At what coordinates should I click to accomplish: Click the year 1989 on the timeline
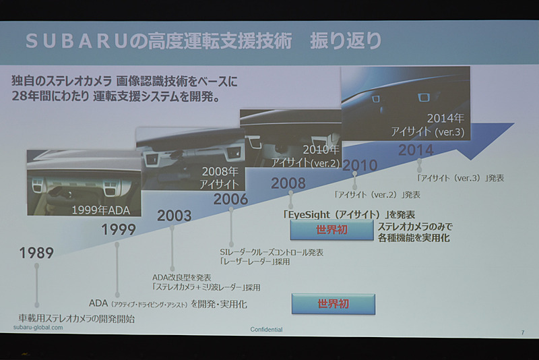click(x=36, y=253)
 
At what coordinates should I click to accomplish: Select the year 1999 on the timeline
click(x=119, y=230)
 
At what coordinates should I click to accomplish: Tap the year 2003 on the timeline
click(x=174, y=216)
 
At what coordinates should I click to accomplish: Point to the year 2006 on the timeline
click(x=230, y=199)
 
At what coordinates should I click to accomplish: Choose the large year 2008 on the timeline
click(x=288, y=183)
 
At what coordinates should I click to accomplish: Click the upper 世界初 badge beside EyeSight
click(x=332, y=231)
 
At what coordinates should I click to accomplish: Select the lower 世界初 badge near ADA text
click(x=333, y=304)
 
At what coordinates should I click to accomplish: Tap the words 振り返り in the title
click(x=346, y=40)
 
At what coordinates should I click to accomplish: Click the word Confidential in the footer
click(x=266, y=329)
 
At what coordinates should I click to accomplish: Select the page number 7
click(x=522, y=331)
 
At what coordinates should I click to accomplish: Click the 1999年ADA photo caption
click(x=101, y=210)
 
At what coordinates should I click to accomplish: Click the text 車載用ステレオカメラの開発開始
click(x=76, y=318)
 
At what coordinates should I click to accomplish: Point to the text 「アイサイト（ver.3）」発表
click(x=460, y=179)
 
